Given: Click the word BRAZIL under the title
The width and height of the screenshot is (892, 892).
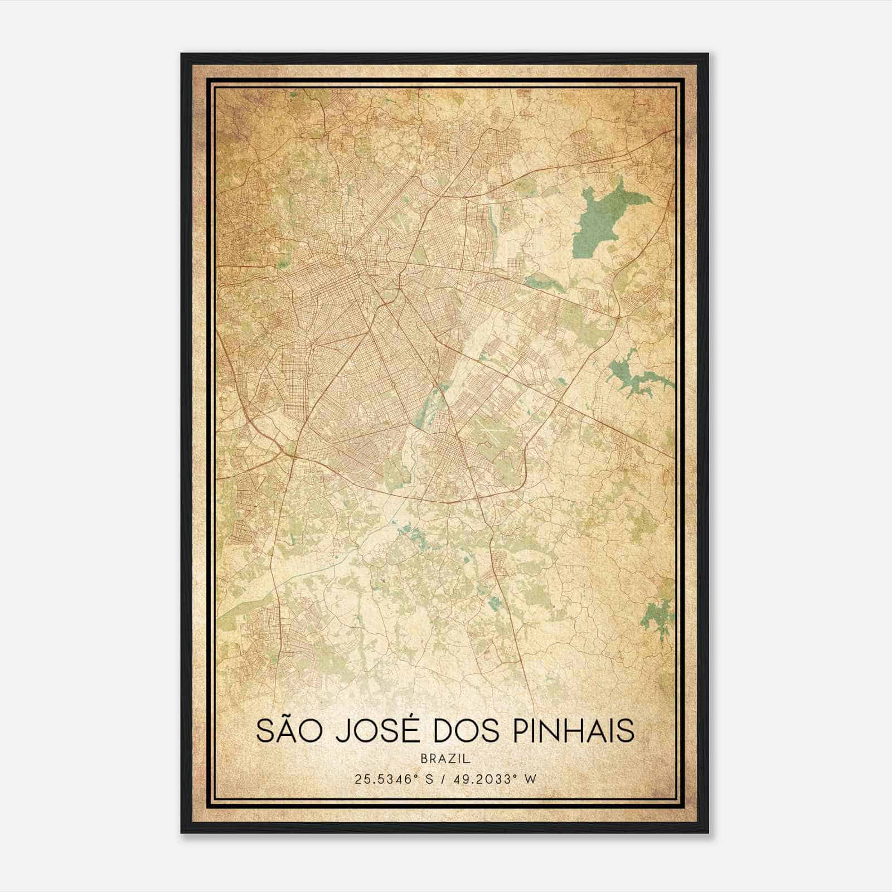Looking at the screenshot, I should click(445, 759).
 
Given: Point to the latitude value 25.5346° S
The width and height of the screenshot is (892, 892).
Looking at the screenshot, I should click(393, 779).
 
